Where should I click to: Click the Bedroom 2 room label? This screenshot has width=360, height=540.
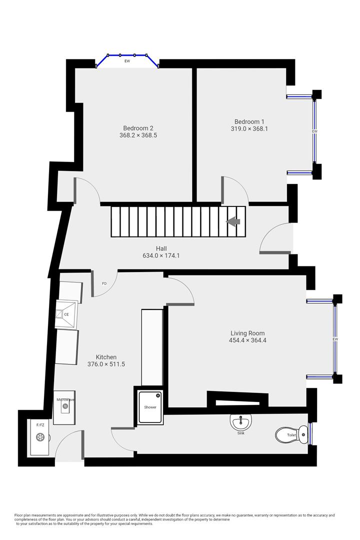tap(138, 127)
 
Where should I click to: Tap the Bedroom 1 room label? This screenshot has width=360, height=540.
tap(249, 121)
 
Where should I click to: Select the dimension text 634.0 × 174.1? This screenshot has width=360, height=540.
tap(161, 255)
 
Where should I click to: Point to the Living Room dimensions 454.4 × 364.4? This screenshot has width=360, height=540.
tap(247, 340)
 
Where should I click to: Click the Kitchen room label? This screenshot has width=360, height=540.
tap(106, 357)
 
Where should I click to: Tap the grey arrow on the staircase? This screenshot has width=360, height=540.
tap(233, 220)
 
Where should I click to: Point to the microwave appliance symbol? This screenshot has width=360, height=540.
tap(65, 406)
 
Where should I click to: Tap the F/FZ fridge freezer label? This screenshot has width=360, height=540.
tap(40, 425)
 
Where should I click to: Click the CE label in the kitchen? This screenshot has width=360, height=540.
tap(66, 314)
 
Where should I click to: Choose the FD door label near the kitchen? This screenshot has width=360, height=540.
tap(104, 283)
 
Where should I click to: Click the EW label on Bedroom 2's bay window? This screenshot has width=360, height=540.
tap(127, 61)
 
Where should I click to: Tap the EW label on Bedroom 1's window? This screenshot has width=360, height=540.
tap(314, 131)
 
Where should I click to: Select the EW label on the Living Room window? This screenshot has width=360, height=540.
tap(335, 340)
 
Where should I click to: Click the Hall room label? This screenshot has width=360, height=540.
tap(161, 248)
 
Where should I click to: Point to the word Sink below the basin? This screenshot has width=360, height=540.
tap(241, 433)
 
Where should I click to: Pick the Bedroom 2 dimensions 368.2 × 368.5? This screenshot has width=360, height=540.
tap(138, 135)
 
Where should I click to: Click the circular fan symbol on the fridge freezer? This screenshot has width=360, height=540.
tap(40, 437)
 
